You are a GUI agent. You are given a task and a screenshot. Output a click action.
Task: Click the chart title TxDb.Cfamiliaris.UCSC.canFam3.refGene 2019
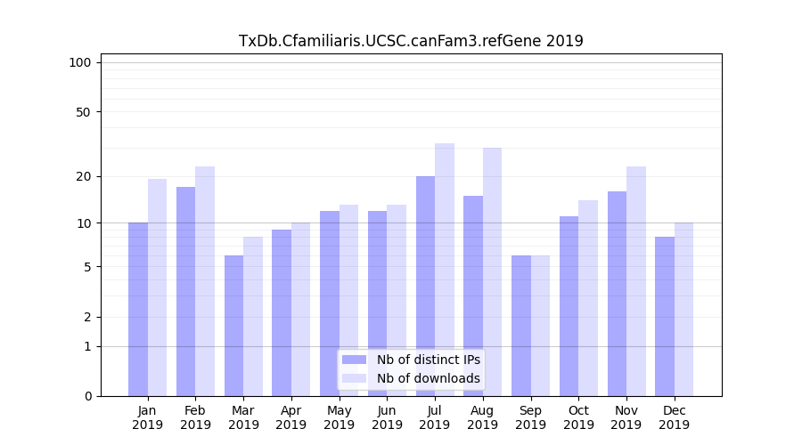(411, 41)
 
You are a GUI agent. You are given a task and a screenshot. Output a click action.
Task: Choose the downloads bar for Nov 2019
(636, 281)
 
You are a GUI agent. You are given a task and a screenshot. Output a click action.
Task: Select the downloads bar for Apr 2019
(301, 309)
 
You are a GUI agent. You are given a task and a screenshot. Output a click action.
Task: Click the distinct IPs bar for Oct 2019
(569, 306)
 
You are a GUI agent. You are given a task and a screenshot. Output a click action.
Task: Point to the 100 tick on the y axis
(80, 62)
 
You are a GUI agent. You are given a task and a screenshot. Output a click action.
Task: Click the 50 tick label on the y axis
(83, 112)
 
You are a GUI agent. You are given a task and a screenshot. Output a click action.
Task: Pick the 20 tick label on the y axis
(83, 176)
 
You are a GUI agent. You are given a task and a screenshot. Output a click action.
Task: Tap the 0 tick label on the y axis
(87, 396)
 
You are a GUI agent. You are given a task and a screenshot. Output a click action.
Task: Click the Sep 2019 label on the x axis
(530, 417)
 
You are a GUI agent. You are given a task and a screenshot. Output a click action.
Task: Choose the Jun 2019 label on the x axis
(387, 417)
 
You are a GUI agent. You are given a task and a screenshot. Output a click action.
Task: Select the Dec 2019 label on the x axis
(674, 417)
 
